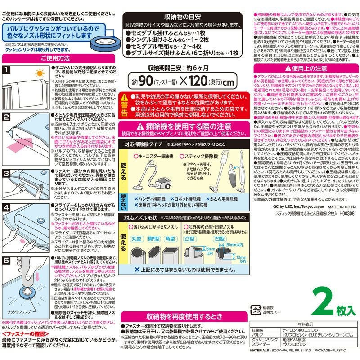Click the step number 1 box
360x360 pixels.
tap(7, 70)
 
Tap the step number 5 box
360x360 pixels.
tap(7, 260)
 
